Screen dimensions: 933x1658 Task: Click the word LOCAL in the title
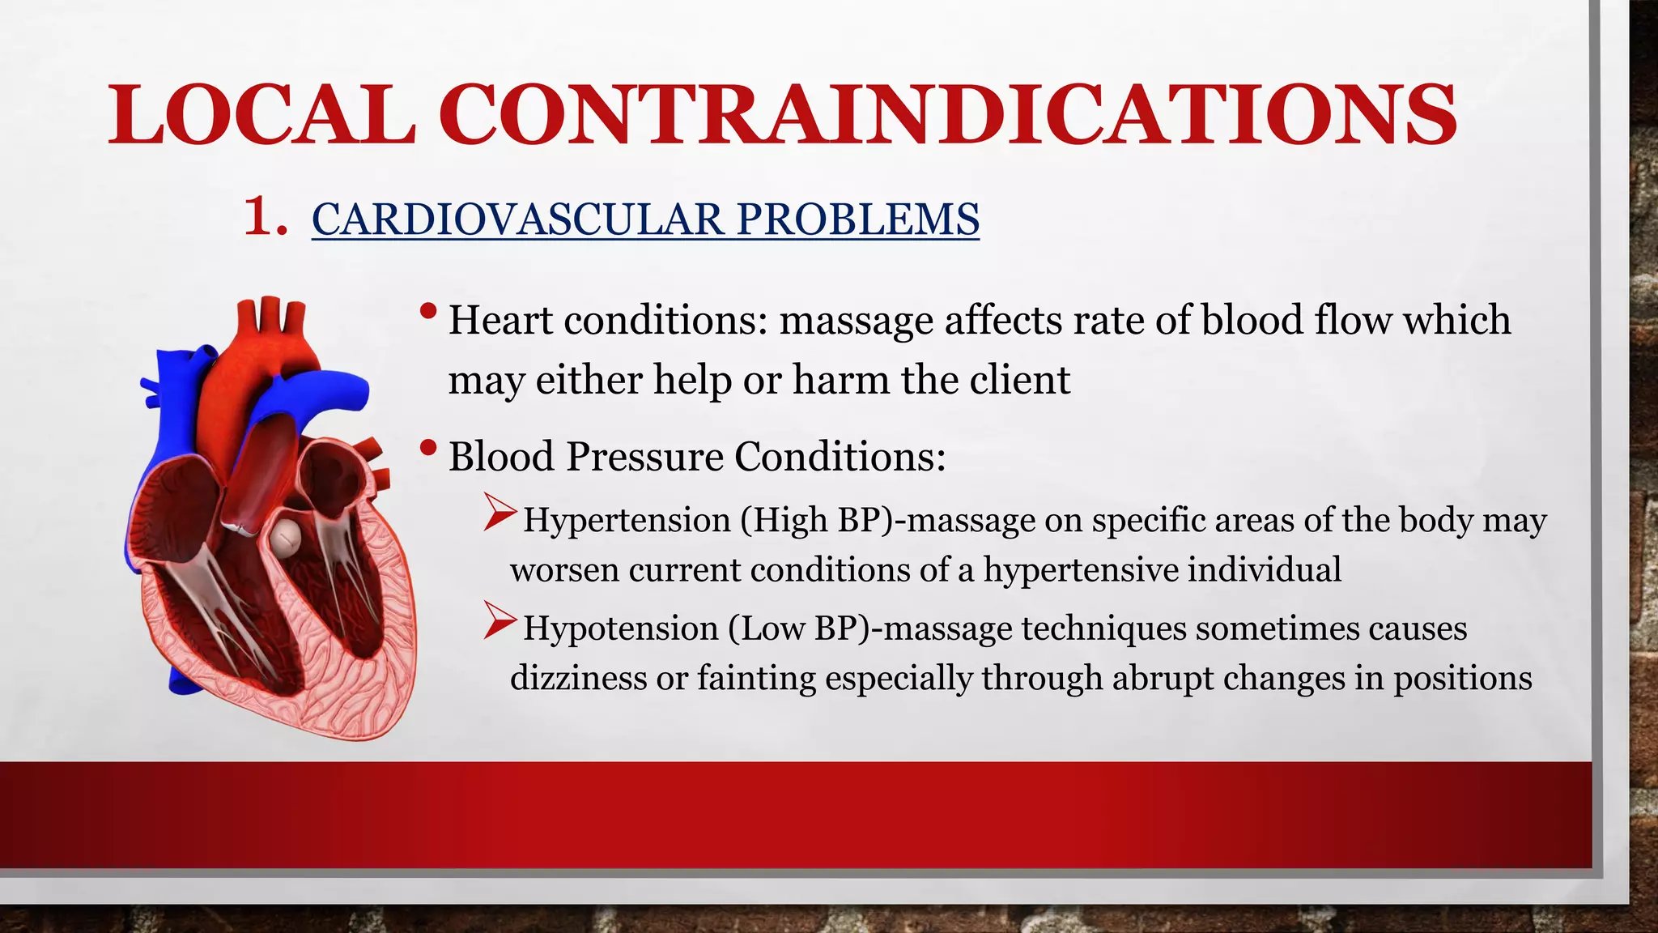click(x=261, y=115)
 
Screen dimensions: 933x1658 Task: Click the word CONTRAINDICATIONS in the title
click(x=948, y=115)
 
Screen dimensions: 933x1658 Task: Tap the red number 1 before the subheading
click(x=265, y=217)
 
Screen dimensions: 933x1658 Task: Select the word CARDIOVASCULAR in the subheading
click(x=518, y=219)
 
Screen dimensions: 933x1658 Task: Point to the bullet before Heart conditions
click(x=429, y=312)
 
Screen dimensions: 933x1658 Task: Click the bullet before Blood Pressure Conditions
click(x=429, y=448)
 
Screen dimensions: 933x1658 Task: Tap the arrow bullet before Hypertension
click(x=500, y=513)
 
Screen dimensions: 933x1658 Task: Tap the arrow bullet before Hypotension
click(x=500, y=621)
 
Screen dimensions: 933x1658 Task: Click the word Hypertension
click(x=627, y=520)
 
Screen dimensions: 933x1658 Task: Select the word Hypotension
click(x=620, y=628)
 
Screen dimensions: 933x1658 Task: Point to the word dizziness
click(x=577, y=678)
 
